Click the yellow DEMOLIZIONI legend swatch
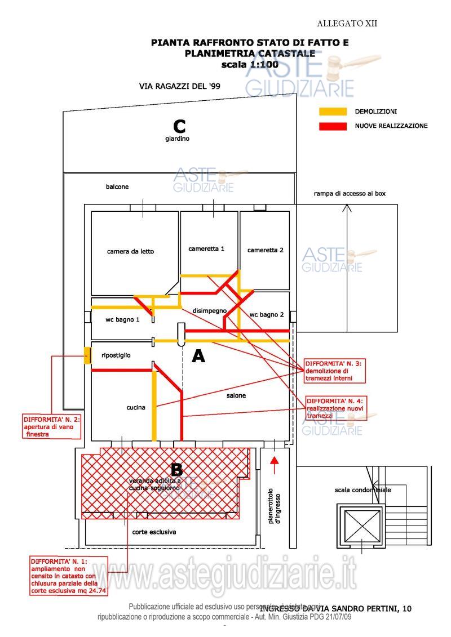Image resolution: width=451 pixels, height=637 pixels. [x=333, y=112]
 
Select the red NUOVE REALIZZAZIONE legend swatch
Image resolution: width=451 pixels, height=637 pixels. [x=333, y=126]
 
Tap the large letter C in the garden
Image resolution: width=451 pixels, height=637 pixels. [x=179, y=126]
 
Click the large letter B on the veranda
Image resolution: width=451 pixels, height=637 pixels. [x=176, y=469]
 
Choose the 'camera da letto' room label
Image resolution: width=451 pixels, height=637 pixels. [x=130, y=251]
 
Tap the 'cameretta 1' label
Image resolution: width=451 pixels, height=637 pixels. [x=206, y=248]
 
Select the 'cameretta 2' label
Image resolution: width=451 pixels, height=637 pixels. [x=266, y=250]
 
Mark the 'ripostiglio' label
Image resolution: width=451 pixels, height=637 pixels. [x=116, y=355]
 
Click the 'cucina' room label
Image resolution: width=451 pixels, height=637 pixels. [x=136, y=407]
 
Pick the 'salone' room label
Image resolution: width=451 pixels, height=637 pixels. [x=236, y=395]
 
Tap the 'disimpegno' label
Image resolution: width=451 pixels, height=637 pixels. [x=209, y=310]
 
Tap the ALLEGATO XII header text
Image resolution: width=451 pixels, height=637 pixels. [x=347, y=23]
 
